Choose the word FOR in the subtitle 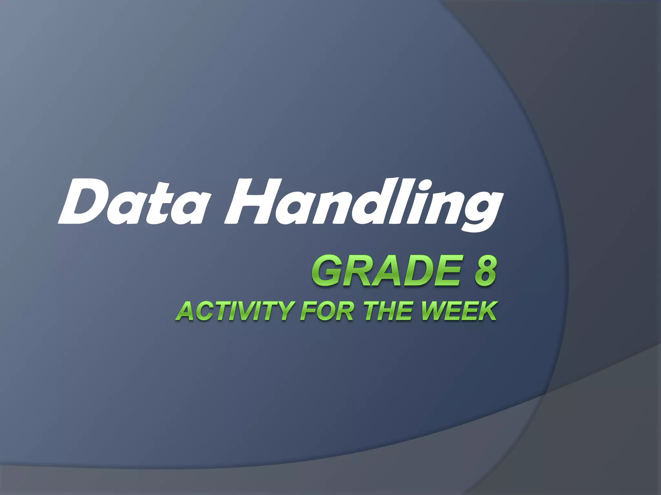coord(326,311)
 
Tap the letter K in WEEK coord(486,311)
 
